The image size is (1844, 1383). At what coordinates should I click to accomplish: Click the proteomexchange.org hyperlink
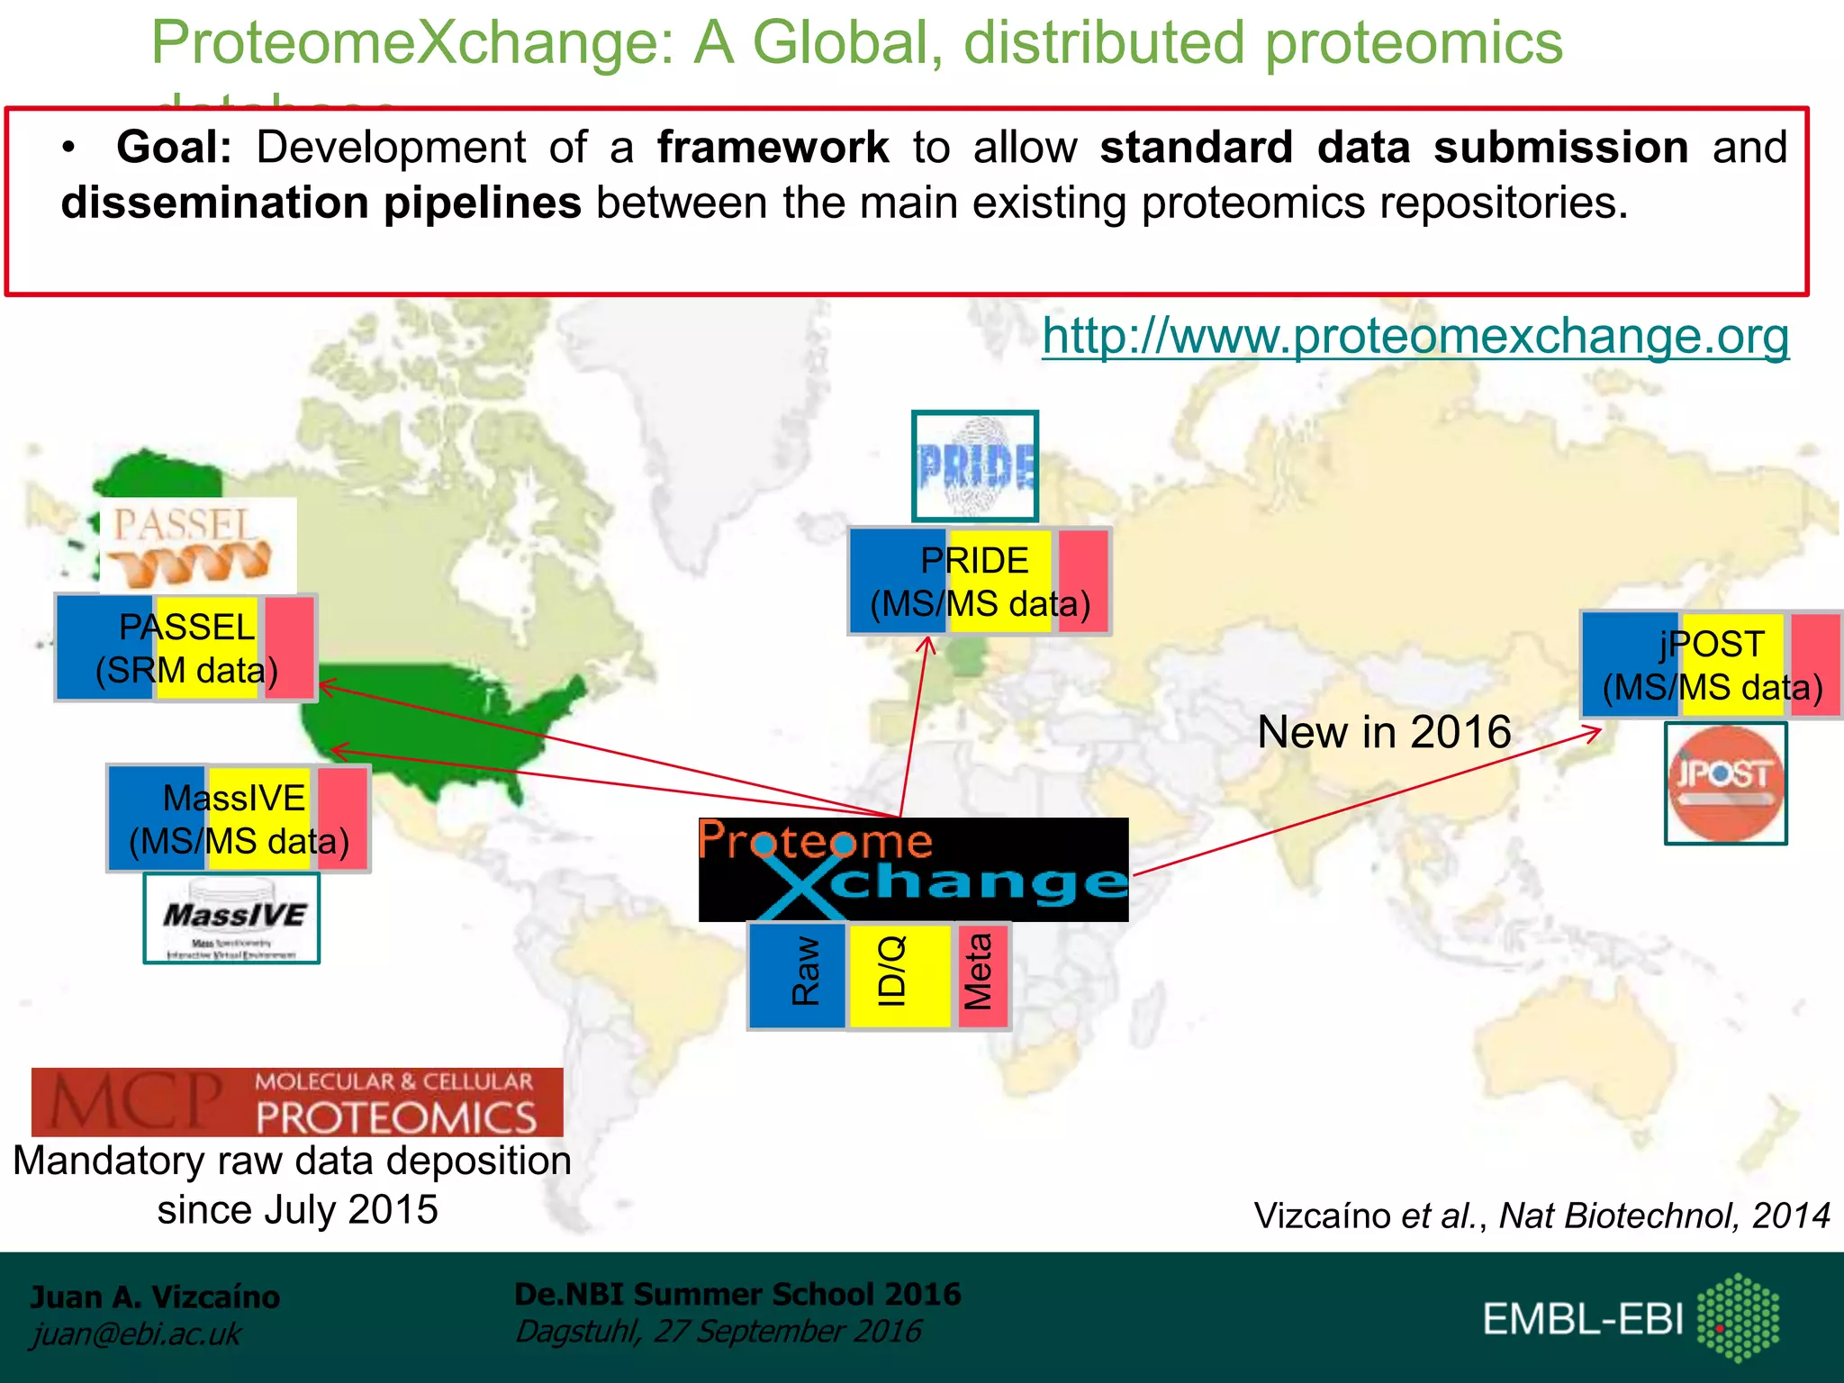coord(1415,337)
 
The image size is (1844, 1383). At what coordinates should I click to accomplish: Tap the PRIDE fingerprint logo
coord(975,466)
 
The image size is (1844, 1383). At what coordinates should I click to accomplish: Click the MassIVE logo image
coord(232,918)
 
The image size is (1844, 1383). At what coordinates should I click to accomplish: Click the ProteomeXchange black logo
coord(913,869)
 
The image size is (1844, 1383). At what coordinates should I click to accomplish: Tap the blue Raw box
coord(798,975)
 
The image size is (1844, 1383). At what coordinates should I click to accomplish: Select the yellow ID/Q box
coord(898,975)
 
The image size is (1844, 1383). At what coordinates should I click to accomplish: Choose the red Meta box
coord(981,975)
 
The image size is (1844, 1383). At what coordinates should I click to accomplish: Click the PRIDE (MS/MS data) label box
coord(980,582)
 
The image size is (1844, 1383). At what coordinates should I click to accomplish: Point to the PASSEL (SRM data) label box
coord(186,648)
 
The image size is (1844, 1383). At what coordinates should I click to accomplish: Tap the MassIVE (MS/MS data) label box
coord(239,818)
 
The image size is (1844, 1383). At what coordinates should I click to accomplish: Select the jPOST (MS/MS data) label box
coord(1712,665)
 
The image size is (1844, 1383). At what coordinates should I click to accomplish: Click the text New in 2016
coord(1384,732)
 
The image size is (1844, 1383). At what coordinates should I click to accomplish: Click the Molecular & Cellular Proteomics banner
coord(297,1102)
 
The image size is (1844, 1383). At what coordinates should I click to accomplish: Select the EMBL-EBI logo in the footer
coord(1630,1318)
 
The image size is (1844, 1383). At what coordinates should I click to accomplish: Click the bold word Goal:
coord(175,148)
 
